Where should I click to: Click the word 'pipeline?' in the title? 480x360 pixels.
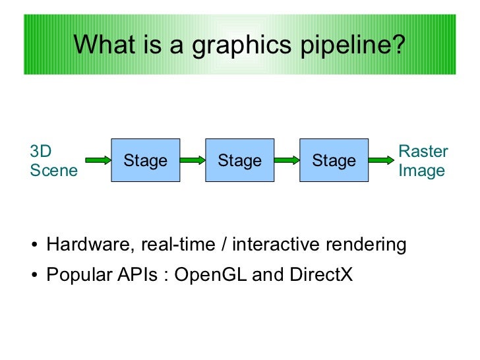pyautogui.click(x=353, y=45)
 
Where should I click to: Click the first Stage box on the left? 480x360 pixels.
pyautogui.click(x=146, y=160)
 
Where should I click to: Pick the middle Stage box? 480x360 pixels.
pyautogui.click(x=239, y=160)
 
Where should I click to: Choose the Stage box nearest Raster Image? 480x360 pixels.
pyautogui.click(x=334, y=160)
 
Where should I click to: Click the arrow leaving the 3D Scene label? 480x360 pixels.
pyautogui.click(x=98, y=160)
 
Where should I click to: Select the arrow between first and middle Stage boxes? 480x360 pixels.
pyautogui.click(x=193, y=160)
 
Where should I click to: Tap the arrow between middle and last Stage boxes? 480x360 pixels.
pyautogui.click(x=287, y=160)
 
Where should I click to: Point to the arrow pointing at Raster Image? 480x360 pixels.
pyautogui.click(x=380, y=160)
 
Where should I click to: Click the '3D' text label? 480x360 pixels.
pyautogui.click(x=41, y=151)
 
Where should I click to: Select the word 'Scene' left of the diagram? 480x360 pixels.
pyautogui.click(x=53, y=171)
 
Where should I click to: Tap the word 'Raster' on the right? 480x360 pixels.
pyautogui.click(x=423, y=151)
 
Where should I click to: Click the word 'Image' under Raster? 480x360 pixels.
pyautogui.click(x=421, y=171)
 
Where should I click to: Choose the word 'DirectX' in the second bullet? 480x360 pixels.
pyautogui.click(x=321, y=274)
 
